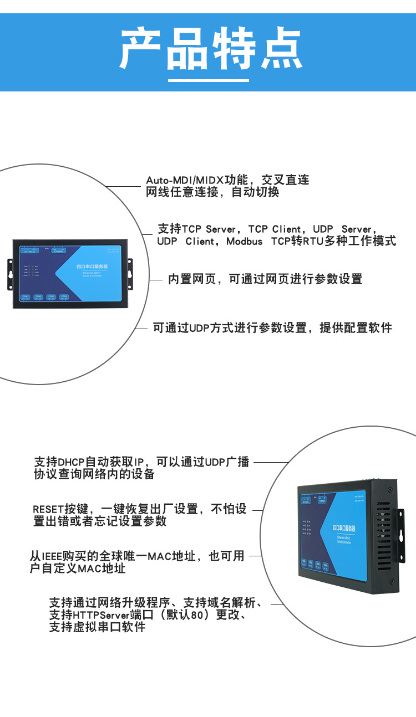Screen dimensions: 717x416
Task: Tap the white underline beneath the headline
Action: (208, 80)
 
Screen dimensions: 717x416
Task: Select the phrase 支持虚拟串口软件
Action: (97, 627)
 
